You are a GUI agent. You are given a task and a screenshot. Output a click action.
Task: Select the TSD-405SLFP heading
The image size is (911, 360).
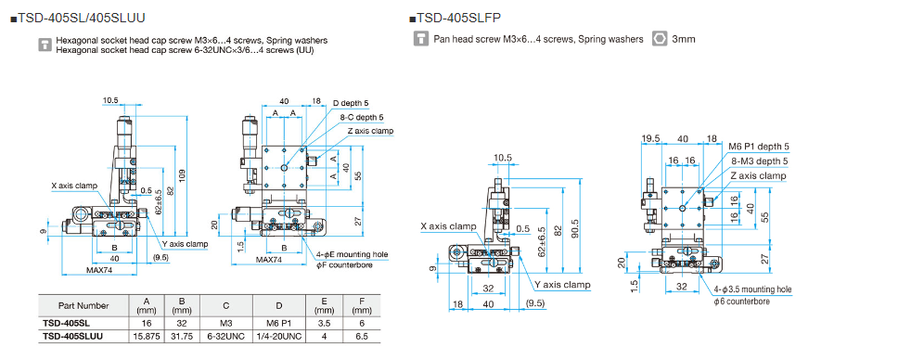(456, 19)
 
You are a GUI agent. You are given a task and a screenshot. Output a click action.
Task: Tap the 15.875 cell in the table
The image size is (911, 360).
(147, 337)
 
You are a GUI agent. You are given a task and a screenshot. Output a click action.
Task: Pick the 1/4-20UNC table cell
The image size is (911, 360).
(279, 337)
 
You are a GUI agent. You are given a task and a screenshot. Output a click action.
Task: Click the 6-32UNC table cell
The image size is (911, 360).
(225, 337)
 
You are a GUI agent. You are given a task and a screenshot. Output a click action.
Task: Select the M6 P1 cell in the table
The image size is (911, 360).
(279, 324)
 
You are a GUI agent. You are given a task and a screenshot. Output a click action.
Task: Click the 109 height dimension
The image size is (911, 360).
(183, 174)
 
